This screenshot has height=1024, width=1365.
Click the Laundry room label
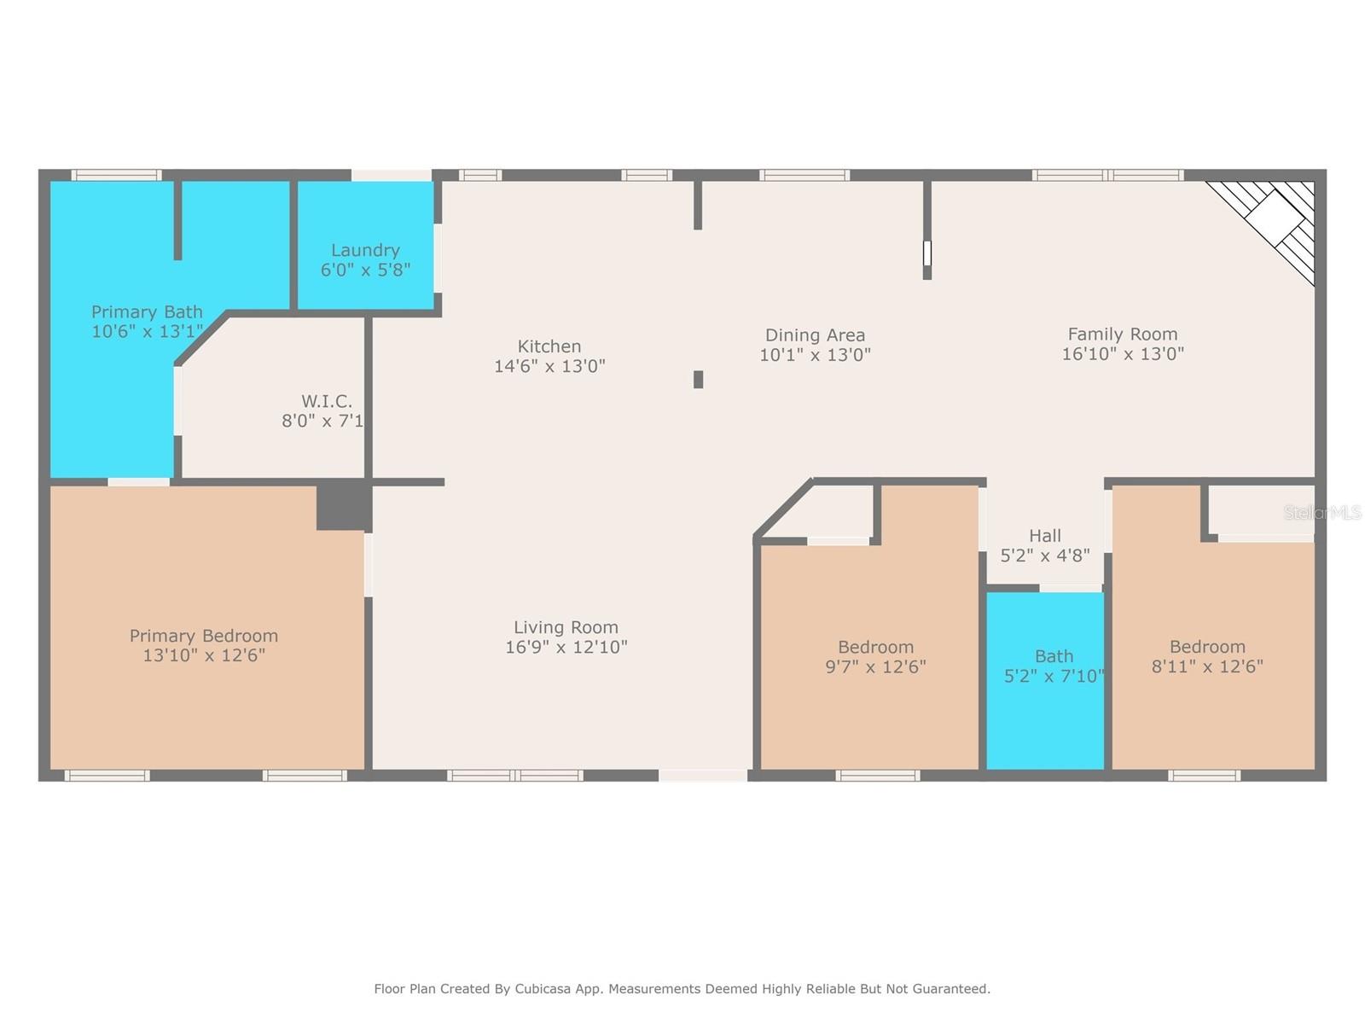[x=365, y=250]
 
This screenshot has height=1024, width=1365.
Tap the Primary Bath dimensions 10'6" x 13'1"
[x=147, y=332]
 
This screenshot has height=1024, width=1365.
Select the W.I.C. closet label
[x=327, y=401]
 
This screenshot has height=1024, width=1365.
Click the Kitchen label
[x=549, y=346]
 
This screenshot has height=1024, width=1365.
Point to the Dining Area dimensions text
[x=815, y=355]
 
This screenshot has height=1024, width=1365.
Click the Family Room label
[x=1122, y=335]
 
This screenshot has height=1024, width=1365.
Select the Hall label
[x=1045, y=536]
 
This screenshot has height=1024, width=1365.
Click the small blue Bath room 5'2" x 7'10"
[x=1046, y=683]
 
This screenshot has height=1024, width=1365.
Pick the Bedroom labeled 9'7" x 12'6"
[x=875, y=657]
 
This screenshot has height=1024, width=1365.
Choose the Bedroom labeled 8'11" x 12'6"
[x=1207, y=657]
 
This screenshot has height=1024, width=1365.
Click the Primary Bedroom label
[x=204, y=636]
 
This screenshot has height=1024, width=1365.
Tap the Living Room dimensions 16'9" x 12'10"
[x=566, y=648]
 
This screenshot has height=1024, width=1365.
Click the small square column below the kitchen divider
[x=698, y=380]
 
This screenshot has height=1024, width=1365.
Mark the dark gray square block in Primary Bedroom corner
[x=343, y=506]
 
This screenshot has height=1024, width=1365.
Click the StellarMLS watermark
[x=1322, y=513]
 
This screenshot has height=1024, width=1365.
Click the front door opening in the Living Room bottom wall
[x=703, y=776]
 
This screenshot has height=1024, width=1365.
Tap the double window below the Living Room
[x=515, y=776]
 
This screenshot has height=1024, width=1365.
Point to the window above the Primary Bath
[x=116, y=176]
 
